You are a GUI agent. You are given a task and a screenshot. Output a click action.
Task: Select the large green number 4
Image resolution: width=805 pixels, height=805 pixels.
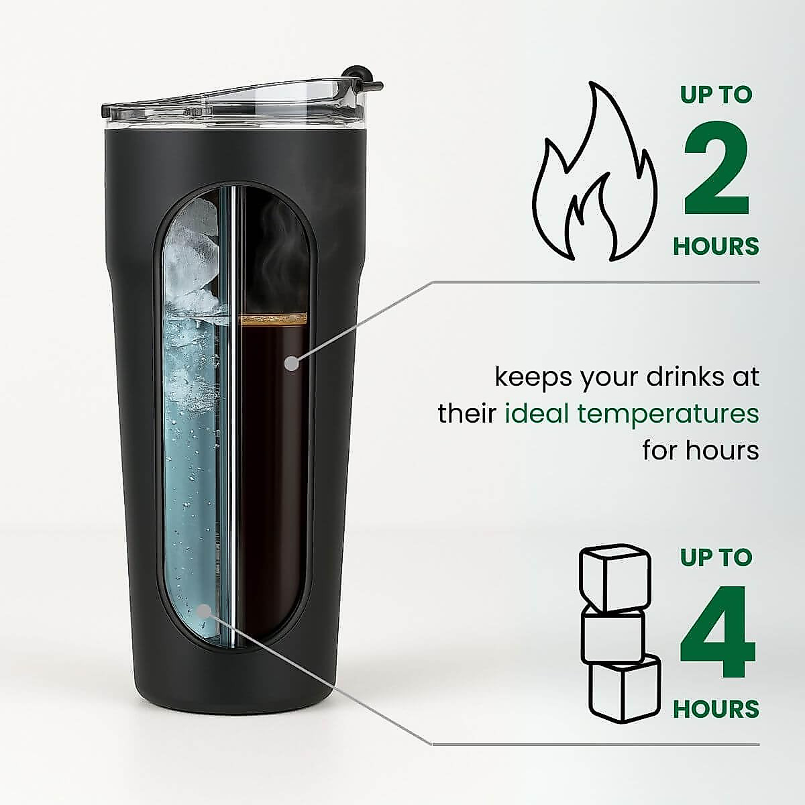tap(717, 634)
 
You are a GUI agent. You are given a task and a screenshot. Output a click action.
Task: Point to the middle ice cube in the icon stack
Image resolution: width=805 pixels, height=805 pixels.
tap(612, 635)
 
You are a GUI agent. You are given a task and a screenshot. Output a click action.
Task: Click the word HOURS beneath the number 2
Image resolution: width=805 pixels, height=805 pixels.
tap(716, 246)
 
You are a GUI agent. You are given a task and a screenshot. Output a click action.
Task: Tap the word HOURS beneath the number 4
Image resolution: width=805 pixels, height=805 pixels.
tap(716, 709)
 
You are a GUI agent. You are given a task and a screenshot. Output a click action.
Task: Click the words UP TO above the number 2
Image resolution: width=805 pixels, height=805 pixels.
tap(716, 95)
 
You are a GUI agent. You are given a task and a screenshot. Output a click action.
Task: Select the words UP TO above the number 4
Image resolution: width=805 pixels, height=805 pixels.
tap(716, 557)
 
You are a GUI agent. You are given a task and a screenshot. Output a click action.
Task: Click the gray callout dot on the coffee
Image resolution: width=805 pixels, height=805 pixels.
tap(291, 364)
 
